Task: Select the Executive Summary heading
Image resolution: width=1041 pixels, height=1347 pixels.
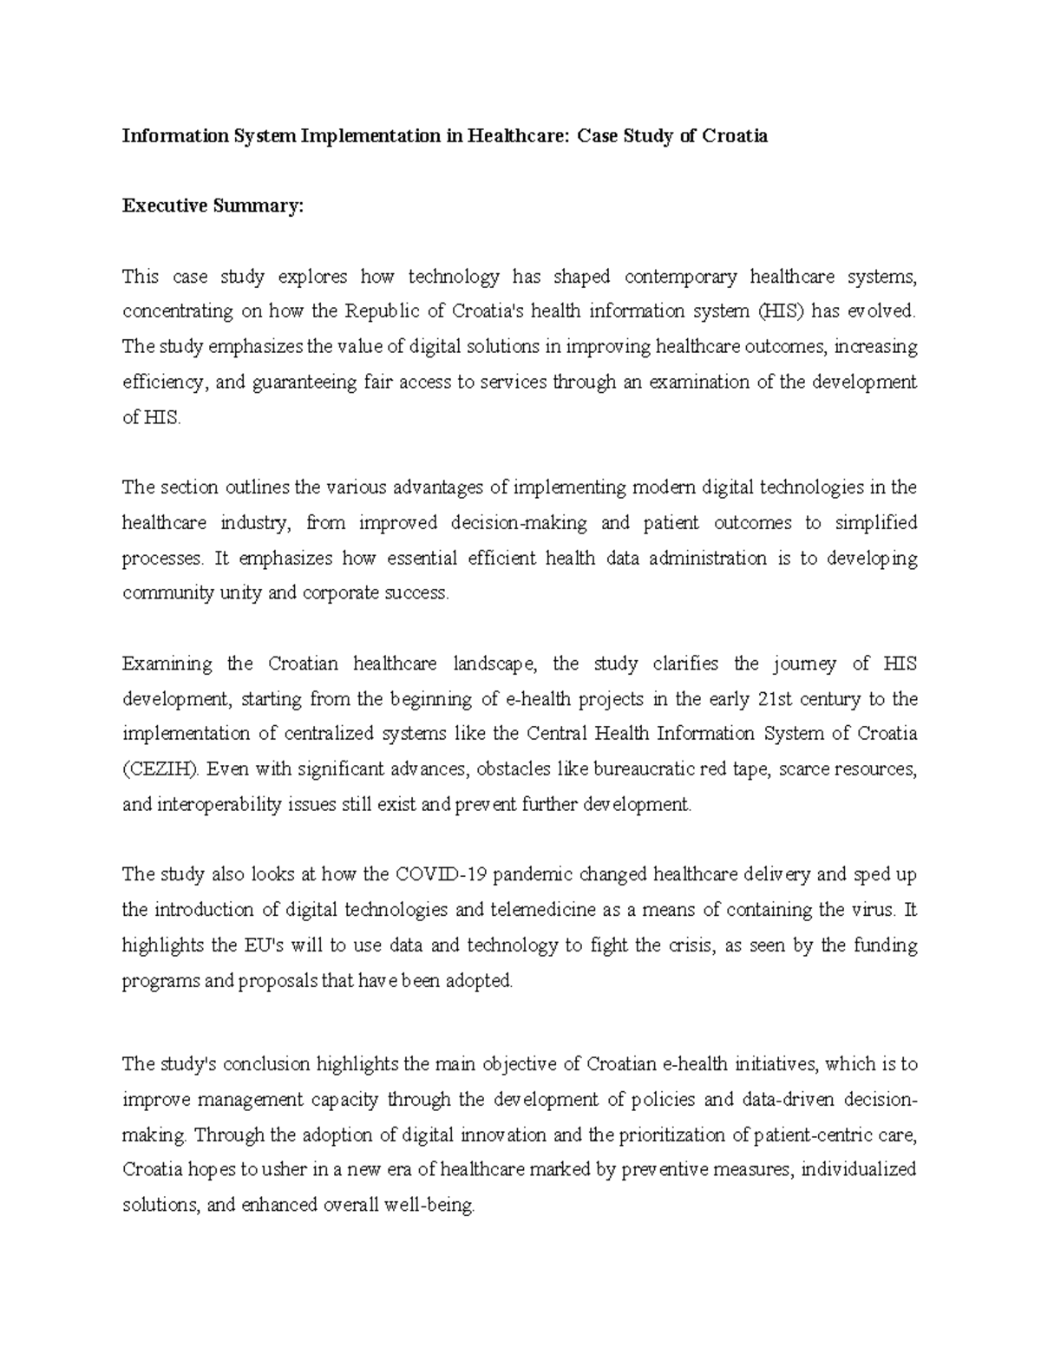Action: point(213,206)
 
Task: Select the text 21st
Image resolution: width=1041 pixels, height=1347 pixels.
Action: point(766,699)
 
